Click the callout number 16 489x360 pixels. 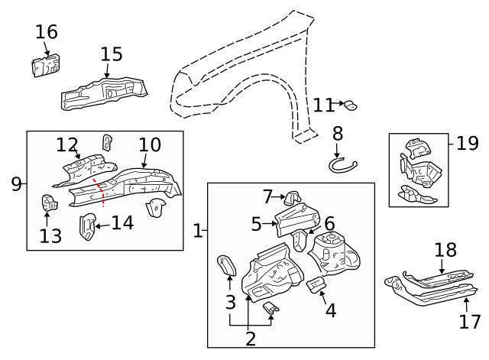pyautogui.click(x=46, y=31)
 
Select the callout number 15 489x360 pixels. pyautogui.click(x=111, y=54)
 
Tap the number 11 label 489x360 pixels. pyautogui.click(x=323, y=105)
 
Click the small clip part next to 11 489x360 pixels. pyautogui.click(x=351, y=105)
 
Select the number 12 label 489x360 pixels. pyautogui.click(x=67, y=144)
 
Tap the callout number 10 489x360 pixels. pyautogui.click(x=150, y=144)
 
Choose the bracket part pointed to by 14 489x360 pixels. pyautogui.click(x=88, y=227)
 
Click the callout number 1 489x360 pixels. pyautogui.click(x=198, y=230)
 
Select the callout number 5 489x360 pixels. pyautogui.click(x=257, y=223)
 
